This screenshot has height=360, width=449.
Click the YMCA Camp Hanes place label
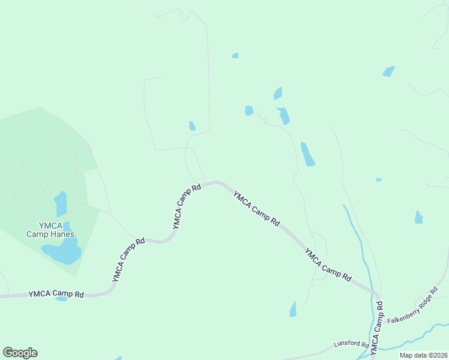(x=50, y=230)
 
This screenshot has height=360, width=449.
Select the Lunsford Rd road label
(x=351, y=344)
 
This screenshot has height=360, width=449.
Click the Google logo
(x=20, y=353)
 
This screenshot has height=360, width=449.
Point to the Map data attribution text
(x=423, y=355)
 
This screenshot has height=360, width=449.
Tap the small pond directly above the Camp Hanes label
(x=61, y=204)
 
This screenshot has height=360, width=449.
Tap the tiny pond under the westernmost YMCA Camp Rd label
(x=61, y=299)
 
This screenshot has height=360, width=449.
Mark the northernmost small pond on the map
(x=235, y=56)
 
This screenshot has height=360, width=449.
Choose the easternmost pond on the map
(x=419, y=217)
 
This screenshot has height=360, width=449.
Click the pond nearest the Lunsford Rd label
(x=293, y=309)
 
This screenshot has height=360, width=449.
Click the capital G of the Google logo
(x=8, y=353)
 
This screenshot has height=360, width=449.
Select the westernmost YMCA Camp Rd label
(x=56, y=294)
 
